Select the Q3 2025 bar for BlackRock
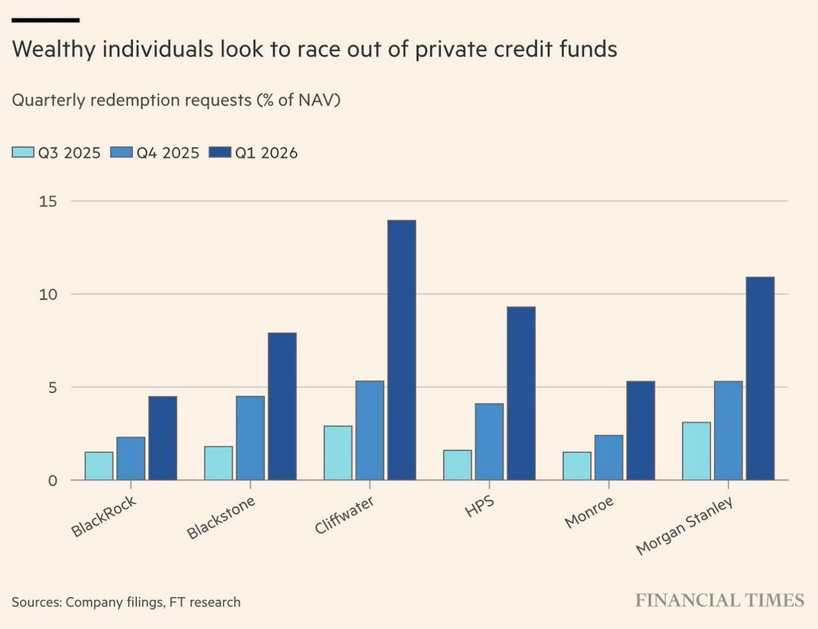click(x=99, y=466)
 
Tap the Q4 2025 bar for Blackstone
click(x=250, y=438)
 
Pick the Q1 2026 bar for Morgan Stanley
click(x=760, y=378)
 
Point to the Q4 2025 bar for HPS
click(x=489, y=441)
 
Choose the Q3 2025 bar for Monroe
click(x=577, y=466)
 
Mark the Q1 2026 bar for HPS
click(x=521, y=393)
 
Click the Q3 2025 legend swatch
click(x=23, y=153)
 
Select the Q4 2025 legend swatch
click(x=121, y=153)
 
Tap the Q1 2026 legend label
click(x=266, y=153)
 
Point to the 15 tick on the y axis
click(x=48, y=202)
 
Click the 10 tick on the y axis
click(x=48, y=294)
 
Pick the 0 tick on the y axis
click(x=52, y=481)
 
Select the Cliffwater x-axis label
click(x=344, y=515)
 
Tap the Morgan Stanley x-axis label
click(x=684, y=526)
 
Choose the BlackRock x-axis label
click(x=104, y=517)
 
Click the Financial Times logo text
click(x=720, y=600)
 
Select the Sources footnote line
click(x=126, y=602)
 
